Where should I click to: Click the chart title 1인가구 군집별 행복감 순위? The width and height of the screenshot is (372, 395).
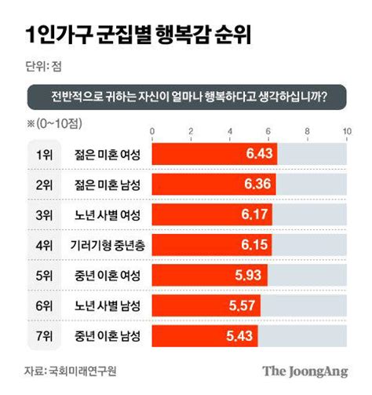tap(129, 35)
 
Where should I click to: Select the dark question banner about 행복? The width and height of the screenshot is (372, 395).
tap(187, 98)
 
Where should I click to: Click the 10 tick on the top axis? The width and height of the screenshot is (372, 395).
tap(346, 130)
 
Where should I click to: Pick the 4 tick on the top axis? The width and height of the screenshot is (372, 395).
tap(229, 130)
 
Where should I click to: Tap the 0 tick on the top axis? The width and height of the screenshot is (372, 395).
tap(151, 130)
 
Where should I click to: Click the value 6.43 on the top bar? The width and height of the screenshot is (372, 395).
tap(259, 155)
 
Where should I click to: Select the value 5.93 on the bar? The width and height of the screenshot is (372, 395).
tap(249, 276)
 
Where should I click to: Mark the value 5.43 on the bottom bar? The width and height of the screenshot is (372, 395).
tap(239, 335)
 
